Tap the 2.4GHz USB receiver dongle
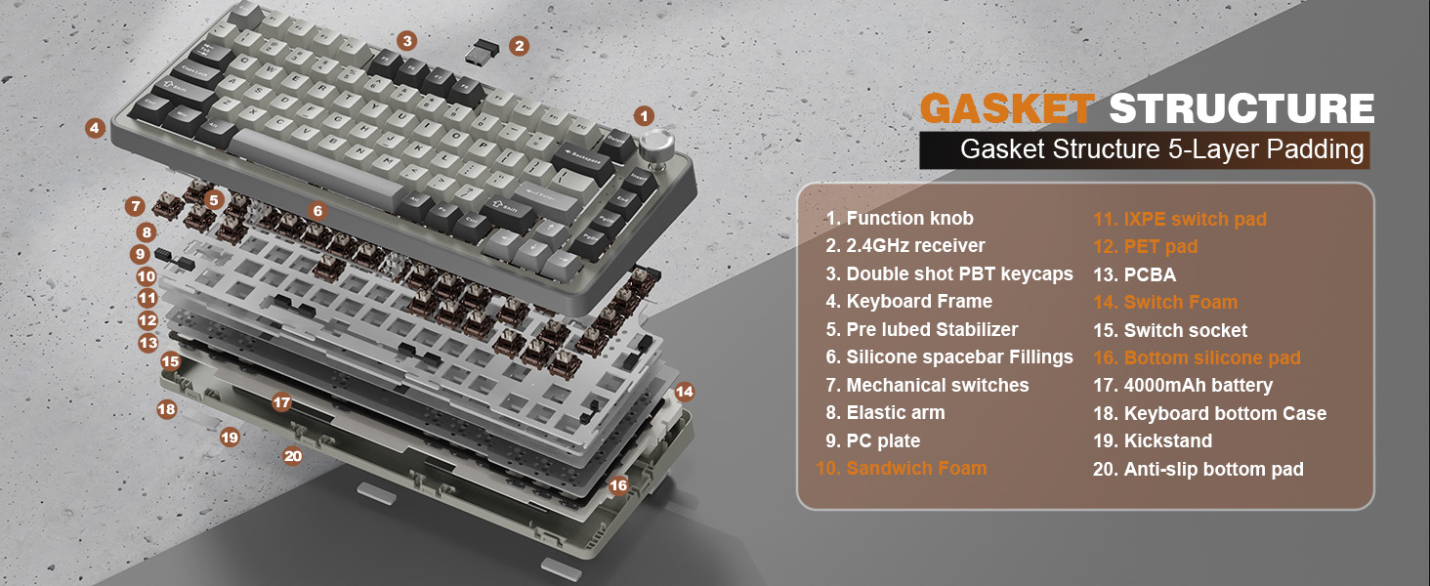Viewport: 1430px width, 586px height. coord(483,52)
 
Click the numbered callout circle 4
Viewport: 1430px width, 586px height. coord(95,128)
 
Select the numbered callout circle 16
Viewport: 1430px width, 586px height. coord(617,485)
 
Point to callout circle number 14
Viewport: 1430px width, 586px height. coord(684,392)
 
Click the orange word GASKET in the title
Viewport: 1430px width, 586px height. coord(1007,107)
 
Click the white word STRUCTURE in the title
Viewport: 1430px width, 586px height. coord(1241,107)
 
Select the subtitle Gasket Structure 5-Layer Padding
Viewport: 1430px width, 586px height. coord(1162,149)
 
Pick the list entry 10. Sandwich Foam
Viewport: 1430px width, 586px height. coord(901,469)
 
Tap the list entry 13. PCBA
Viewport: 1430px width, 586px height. coord(1134,274)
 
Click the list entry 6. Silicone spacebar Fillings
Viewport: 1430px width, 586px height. coord(949,357)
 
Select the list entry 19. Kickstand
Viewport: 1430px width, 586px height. coord(1153,441)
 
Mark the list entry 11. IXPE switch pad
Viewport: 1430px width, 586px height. coord(1180,219)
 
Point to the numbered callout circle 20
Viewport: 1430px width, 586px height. coord(292,456)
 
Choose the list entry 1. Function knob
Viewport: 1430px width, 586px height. coord(900,219)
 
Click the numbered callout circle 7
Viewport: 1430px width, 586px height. coord(134,206)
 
